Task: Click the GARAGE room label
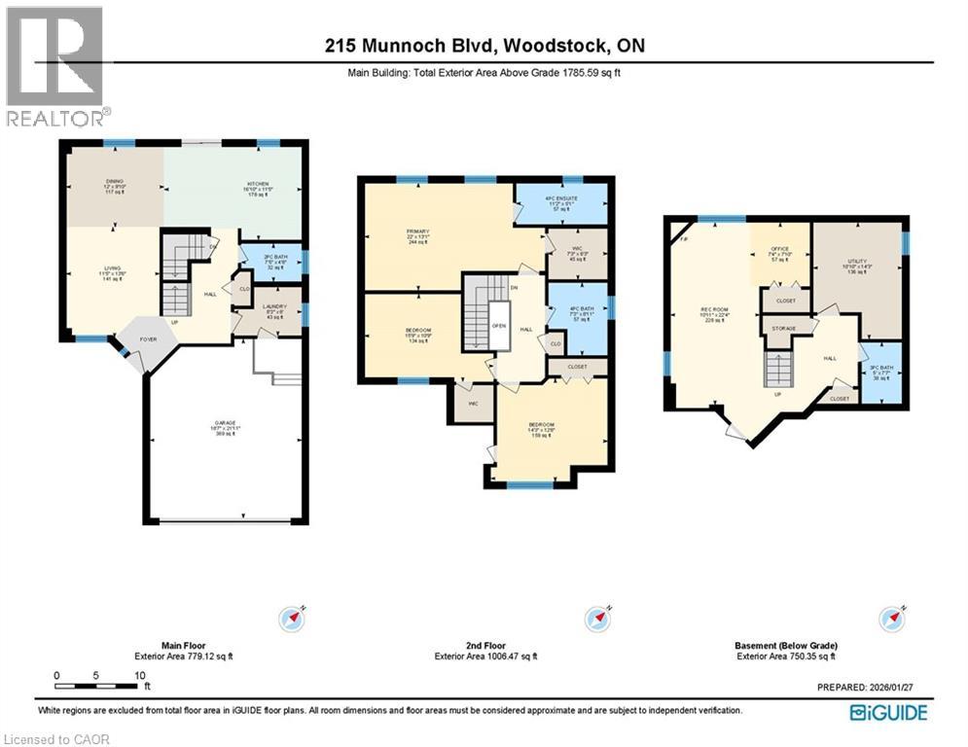coord(225,424)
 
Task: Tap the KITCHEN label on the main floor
coord(257,182)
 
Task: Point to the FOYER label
coord(147,339)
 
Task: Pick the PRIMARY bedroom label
coord(418,231)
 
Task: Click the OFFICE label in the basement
coord(779,249)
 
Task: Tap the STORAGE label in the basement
coord(784,329)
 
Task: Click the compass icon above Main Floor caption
coord(293,618)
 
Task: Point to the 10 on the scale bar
coord(140,674)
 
